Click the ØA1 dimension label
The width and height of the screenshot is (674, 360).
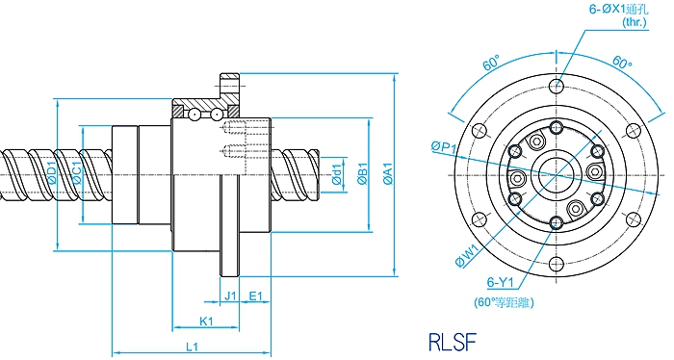388,174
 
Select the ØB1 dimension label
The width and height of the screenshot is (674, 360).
362,174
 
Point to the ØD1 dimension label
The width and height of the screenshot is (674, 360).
52,172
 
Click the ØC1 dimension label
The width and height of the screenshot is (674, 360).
77,173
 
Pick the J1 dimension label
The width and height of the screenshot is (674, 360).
231,296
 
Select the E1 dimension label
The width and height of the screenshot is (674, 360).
256,296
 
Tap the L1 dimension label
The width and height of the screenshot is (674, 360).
192,347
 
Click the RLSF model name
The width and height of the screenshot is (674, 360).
453,342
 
